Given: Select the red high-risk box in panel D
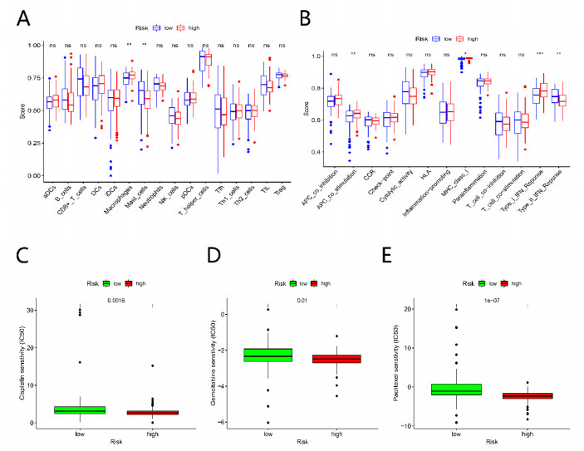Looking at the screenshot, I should (341, 359).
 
